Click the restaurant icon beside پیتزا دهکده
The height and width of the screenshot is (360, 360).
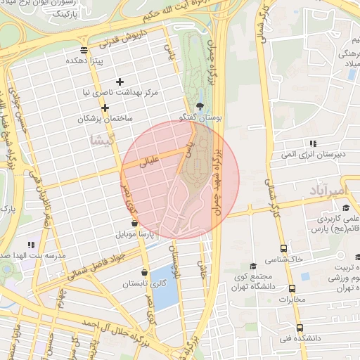point(84,50)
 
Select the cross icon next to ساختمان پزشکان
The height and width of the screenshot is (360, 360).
point(105,108)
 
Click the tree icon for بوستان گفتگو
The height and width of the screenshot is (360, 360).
point(201,106)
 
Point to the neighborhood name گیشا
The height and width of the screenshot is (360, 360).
point(102,141)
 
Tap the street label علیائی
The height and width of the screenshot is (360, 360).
point(152,162)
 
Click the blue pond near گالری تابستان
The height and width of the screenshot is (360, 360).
point(165,288)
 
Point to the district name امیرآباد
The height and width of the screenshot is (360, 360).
point(327,191)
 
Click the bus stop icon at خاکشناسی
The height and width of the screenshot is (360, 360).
point(283,248)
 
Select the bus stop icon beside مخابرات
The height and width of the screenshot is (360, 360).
point(292,288)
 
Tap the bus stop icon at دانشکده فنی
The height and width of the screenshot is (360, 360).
point(300,328)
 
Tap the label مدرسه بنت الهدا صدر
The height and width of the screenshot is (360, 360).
point(28,253)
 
